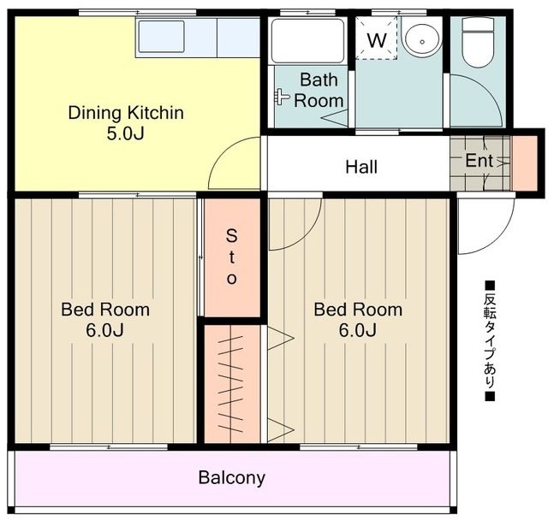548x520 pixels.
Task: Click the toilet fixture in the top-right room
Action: click(478, 42)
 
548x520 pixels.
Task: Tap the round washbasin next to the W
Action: click(422, 42)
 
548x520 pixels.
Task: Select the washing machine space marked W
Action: click(377, 38)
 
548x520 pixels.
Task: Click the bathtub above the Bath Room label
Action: click(308, 41)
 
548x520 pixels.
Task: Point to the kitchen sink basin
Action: click(161, 36)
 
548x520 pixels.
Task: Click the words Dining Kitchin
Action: click(126, 113)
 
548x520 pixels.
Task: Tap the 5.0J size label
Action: click(126, 133)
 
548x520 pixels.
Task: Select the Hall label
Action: click(361, 167)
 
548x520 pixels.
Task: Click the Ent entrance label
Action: click(479, 161)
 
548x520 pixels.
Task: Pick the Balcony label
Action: click(232, 478)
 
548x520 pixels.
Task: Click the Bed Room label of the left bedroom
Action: click(105, 310)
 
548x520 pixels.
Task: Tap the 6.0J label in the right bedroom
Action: click(358, 330)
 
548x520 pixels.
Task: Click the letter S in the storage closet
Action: click(231, 235)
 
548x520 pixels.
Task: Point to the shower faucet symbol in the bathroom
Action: click(282, 96)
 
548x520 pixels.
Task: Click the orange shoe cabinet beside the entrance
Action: click(525, 163)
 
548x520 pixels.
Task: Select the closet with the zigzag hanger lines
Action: click(232, 384)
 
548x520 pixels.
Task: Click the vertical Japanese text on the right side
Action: click(490, 341)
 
